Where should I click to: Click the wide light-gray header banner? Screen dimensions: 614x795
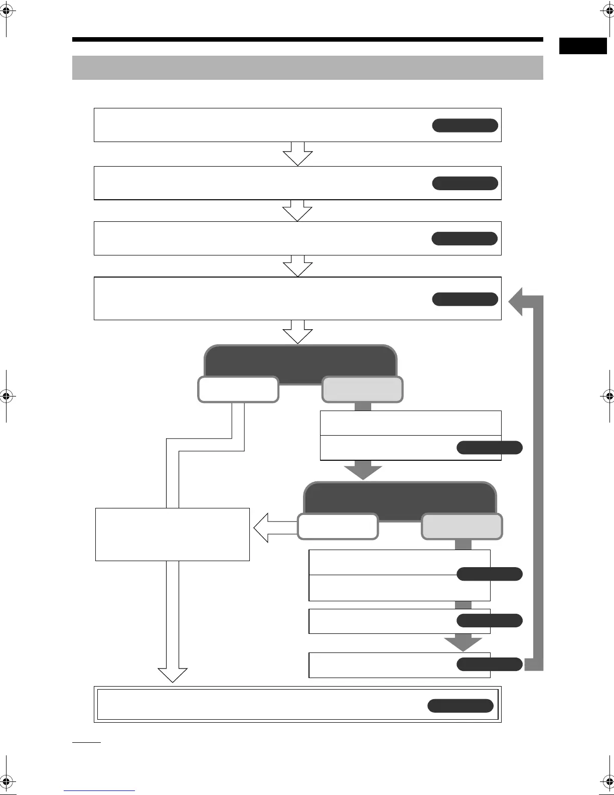(x=308, y=68)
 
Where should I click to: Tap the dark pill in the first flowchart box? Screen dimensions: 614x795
(x=465, y=125)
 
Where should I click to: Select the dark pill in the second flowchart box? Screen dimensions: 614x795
(x=465, y=183)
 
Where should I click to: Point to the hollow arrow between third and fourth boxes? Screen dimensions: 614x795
(x=297, y=266)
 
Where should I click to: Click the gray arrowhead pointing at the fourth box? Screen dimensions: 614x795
(x=517, y=302)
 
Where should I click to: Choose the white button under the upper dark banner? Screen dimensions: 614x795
(x=238, y=389)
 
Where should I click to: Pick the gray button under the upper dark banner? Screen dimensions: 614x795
(x=362, y=389)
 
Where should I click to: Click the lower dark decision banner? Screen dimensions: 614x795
(x=400, y=498)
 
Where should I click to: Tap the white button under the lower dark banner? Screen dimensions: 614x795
(x=338, y=526)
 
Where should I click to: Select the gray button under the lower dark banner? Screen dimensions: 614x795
(x=462, y=526)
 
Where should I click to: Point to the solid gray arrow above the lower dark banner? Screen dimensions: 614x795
(x=363, y=470)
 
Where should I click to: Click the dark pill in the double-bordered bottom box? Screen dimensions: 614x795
(x=460, y=706)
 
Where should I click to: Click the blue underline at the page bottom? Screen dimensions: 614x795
(x=99, y=790)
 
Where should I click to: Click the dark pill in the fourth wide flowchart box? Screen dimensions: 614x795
(x=465, y=299)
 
